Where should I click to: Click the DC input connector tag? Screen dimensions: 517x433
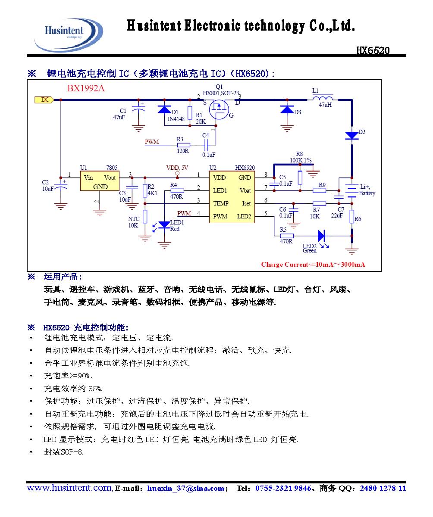[x=44, y=100]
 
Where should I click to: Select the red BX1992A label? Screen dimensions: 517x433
[x=86, y=89]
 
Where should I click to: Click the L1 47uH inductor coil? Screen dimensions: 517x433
[x=325, y=98]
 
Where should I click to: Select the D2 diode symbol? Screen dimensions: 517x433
[x=352, y=136]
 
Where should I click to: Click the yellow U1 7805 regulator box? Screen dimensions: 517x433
[x=100, y=181]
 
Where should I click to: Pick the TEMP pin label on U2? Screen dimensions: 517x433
[x=220, y=203]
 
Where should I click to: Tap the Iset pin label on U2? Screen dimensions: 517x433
[x=246, y=203]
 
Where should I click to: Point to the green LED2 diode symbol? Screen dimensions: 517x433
[x=321, y=236]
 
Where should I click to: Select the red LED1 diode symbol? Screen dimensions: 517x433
[x=164, y=224]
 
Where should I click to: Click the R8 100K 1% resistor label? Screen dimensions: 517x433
[x=302, y=157]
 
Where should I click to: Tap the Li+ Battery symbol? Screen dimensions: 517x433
[x=352, y=190]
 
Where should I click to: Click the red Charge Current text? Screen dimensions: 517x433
[x=313, y=265]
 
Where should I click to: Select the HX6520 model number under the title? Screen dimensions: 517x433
[x=373, y=50]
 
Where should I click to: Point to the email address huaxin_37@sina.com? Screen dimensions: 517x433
[x=185, y=489]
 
